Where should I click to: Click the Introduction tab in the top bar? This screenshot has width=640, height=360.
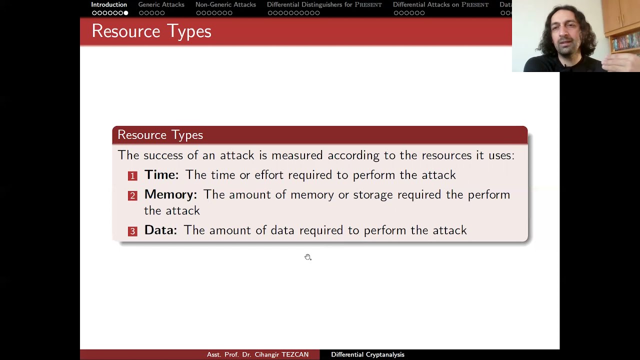[109, 4]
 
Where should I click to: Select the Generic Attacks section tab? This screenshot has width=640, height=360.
[161, 4]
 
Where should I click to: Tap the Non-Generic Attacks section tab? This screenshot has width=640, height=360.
[225, 4]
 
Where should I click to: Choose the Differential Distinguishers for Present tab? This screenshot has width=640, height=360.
[324, 4]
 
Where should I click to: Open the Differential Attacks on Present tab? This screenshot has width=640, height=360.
[440, 4]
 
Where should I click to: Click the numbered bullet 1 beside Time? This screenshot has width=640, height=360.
[132, 176]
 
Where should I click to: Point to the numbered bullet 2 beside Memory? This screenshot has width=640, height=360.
[132, 195]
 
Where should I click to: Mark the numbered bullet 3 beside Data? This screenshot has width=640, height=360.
[132, 231]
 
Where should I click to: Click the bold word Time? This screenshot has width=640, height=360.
[161, 175]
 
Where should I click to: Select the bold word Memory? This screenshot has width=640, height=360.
[170, 194]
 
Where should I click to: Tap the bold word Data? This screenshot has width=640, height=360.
[160, 230]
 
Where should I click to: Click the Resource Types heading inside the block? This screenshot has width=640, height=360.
[160, 135]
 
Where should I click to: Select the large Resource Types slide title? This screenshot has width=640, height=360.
[151, 31]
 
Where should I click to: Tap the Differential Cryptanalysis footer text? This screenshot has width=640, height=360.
[367, 354]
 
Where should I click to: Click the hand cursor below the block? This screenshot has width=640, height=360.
[308, 257]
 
